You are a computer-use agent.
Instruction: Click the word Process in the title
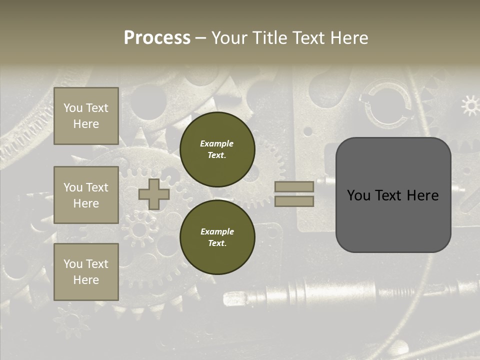pyautogui.click(x=157, y=38)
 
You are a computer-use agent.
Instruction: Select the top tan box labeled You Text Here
pyautogui.click(x=86, y=116)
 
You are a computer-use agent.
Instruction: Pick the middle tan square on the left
pyautogui.click(x=86, y=195)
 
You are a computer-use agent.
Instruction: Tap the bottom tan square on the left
pyautogui.click(x=86, y=271)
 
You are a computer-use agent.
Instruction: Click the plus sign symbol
pyautogui.click(x=154, y=194)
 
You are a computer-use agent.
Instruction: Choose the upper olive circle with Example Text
pyautogui.click(x=217, y=149)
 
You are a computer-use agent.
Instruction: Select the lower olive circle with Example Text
pyautogui.click(x=217, y=237)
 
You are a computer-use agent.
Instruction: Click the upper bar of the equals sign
pyautogui.click(x=294, y=186)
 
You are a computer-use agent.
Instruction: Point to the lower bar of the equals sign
pyautogui.click(x=294, y=201)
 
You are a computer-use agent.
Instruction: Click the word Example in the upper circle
pyautogui.click(x=216, y=143)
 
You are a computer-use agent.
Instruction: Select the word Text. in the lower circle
pyautogui.click(x=217, y=243)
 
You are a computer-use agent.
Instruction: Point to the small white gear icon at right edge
pyautogui.click(x=470, y=105)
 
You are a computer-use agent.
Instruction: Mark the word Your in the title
pyautogui.click(x=229, y=38)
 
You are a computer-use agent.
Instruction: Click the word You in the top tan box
pyautogui.click(x=72, y=108)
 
